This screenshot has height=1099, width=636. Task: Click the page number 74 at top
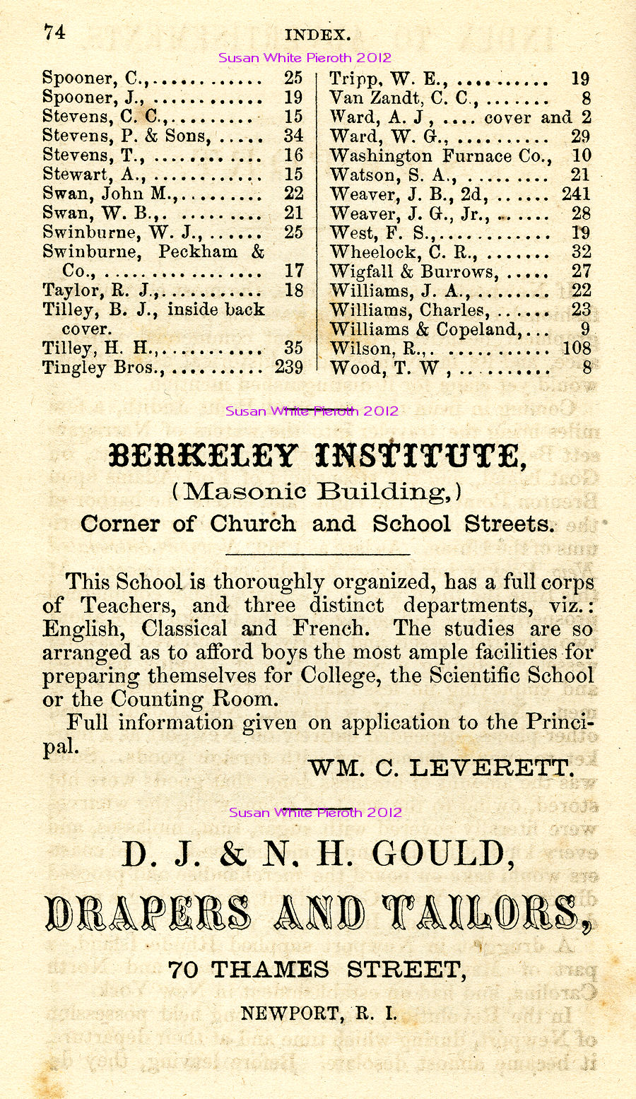(54, 33)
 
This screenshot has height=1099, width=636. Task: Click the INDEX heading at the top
(317, 35)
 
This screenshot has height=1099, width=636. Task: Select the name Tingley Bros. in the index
(103, 368)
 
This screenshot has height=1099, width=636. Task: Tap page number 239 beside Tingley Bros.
(288, 368)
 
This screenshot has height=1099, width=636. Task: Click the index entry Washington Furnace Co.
(441, 155)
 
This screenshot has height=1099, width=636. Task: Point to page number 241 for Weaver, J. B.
(576, 194)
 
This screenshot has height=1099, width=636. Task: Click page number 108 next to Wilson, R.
(576, 348)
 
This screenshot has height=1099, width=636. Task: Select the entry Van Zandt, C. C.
(404, 98)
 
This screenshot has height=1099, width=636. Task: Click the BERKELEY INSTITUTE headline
(317, 457)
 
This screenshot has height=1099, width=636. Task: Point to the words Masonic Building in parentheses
(317, 490)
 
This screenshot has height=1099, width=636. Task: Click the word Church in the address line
(252, 524)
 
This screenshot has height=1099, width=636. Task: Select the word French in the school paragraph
(331, 628)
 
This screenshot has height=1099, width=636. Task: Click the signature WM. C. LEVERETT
(440, 768)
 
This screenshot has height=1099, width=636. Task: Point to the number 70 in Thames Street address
(183, 970)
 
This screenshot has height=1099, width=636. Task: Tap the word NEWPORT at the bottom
(290, 1013)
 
